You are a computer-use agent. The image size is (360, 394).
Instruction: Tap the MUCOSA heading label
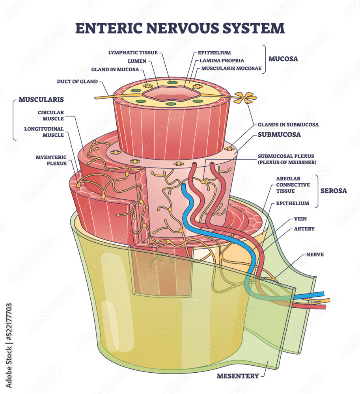click(283, 59)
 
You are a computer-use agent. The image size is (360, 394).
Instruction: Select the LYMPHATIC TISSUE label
click(133, 52)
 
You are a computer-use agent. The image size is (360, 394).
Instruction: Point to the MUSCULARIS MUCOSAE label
click(231, 68)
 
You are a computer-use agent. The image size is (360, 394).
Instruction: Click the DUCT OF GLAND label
click(77, 82)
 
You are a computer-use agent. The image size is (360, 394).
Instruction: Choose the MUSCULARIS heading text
click(41, 100)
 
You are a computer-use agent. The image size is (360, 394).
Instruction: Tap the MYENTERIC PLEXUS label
click(51, 160)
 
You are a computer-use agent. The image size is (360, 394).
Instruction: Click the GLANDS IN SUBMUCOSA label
click(288, 125)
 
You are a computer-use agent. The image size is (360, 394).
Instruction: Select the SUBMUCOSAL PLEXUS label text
click(287, 159)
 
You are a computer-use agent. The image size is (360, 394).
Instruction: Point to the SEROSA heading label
click(334, 191)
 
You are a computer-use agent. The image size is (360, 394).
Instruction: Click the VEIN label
click(300, 219)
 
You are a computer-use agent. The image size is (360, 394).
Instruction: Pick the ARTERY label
click(304, 229)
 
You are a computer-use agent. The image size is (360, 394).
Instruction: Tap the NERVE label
click(315, 255)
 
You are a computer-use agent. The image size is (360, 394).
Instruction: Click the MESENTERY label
click(238, 376)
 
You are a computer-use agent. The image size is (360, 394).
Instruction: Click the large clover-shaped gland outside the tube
click(245, 98)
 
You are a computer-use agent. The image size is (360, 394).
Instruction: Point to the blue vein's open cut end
click(183, 186)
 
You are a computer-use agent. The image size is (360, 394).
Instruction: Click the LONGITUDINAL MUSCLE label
click(44, 132)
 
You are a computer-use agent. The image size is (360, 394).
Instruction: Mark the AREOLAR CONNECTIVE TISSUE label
click(293, 185)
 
